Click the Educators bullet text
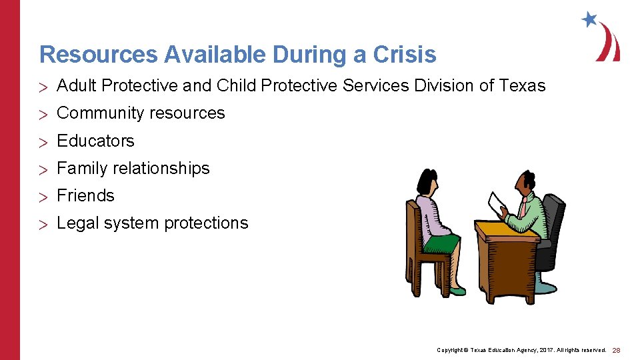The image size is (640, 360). point(95,141)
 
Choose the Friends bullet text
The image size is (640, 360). point(85,195)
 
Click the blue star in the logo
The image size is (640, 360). point(589,19)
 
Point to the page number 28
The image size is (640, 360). point(616,350)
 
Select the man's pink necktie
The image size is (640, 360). point(523,206)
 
